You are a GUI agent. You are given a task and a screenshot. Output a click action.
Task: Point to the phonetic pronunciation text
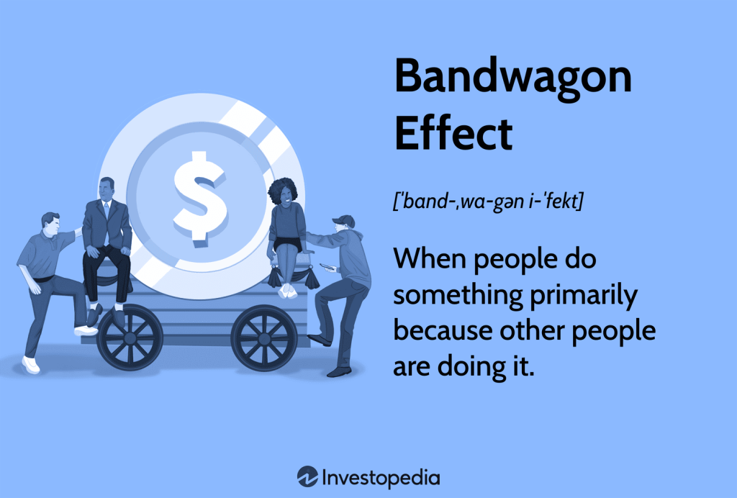[x=488, y=202]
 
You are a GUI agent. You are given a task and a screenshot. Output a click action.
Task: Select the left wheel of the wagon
[x=129, y=338]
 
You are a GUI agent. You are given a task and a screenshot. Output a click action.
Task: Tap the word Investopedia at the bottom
[x=380, y=476]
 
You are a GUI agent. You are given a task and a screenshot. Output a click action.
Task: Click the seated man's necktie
[x=107, y=211]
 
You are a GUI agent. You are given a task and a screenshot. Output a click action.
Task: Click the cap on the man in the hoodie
[x=345, y=221]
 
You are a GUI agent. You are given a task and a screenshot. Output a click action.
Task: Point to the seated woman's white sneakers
[x=288, y=291]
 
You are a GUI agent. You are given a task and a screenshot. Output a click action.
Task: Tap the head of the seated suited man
[x=107, y=189]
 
